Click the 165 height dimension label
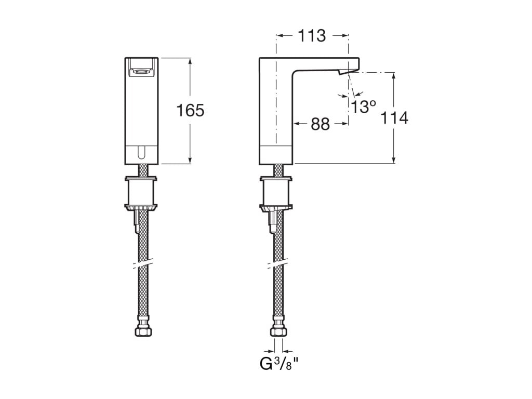[191, 111]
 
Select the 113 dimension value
[312, 36]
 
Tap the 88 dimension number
[321, 124]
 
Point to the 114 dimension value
[394, 118]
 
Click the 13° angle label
[363, 107]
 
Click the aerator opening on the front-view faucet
[141, 72]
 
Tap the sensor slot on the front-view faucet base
[141, 152]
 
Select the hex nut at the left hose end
[141, 331]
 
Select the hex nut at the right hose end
[278, 331]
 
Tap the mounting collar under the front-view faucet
[141, 192]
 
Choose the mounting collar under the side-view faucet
[276, 192]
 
